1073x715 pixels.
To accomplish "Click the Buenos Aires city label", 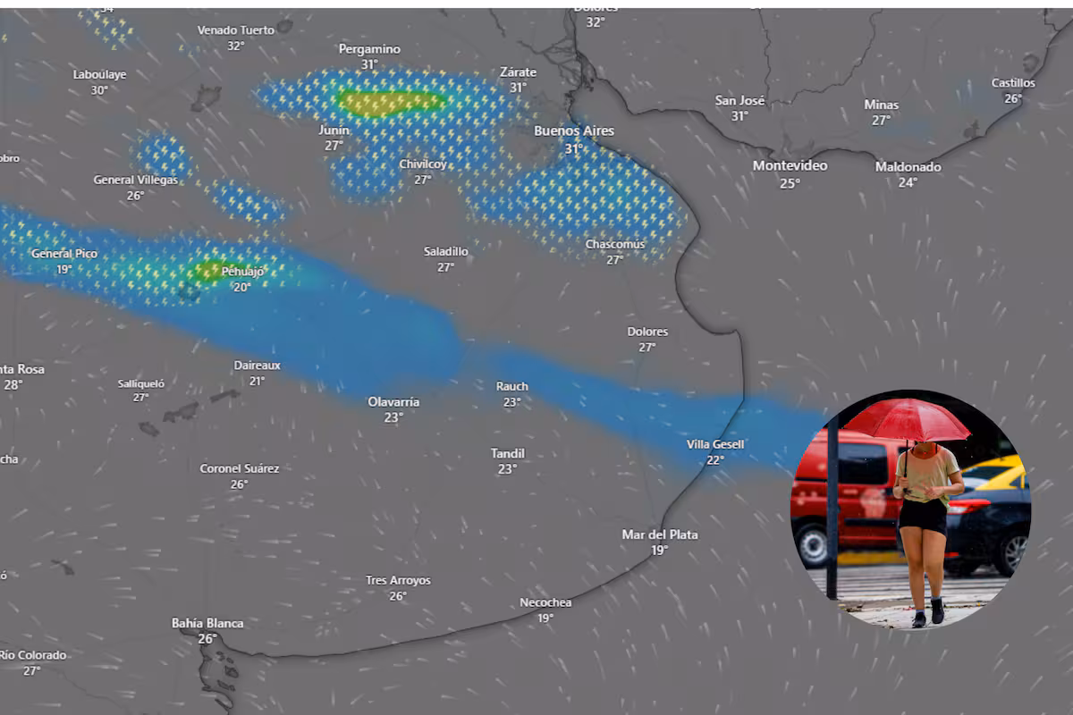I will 574,130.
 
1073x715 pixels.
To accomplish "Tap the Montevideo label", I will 790,165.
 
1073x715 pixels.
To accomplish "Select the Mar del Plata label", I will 660,534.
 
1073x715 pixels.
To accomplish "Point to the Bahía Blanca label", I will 207,623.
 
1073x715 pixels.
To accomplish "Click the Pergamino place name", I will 369,49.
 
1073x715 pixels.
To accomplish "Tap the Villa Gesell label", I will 715,444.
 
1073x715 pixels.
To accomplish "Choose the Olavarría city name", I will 393,402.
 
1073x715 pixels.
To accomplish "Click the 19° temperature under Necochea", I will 545,618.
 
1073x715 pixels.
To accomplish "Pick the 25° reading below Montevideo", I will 790,183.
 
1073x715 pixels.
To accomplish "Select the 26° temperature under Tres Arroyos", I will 398,596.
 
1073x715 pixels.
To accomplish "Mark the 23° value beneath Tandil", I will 508,469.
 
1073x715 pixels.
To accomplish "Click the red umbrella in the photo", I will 907,420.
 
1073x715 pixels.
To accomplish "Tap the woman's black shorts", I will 923,516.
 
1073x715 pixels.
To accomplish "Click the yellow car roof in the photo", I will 1009,471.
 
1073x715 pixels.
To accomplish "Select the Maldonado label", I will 908,166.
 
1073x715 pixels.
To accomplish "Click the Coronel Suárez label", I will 239,468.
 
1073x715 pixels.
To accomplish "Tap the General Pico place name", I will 64,254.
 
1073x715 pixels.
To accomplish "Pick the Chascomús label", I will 615,244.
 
